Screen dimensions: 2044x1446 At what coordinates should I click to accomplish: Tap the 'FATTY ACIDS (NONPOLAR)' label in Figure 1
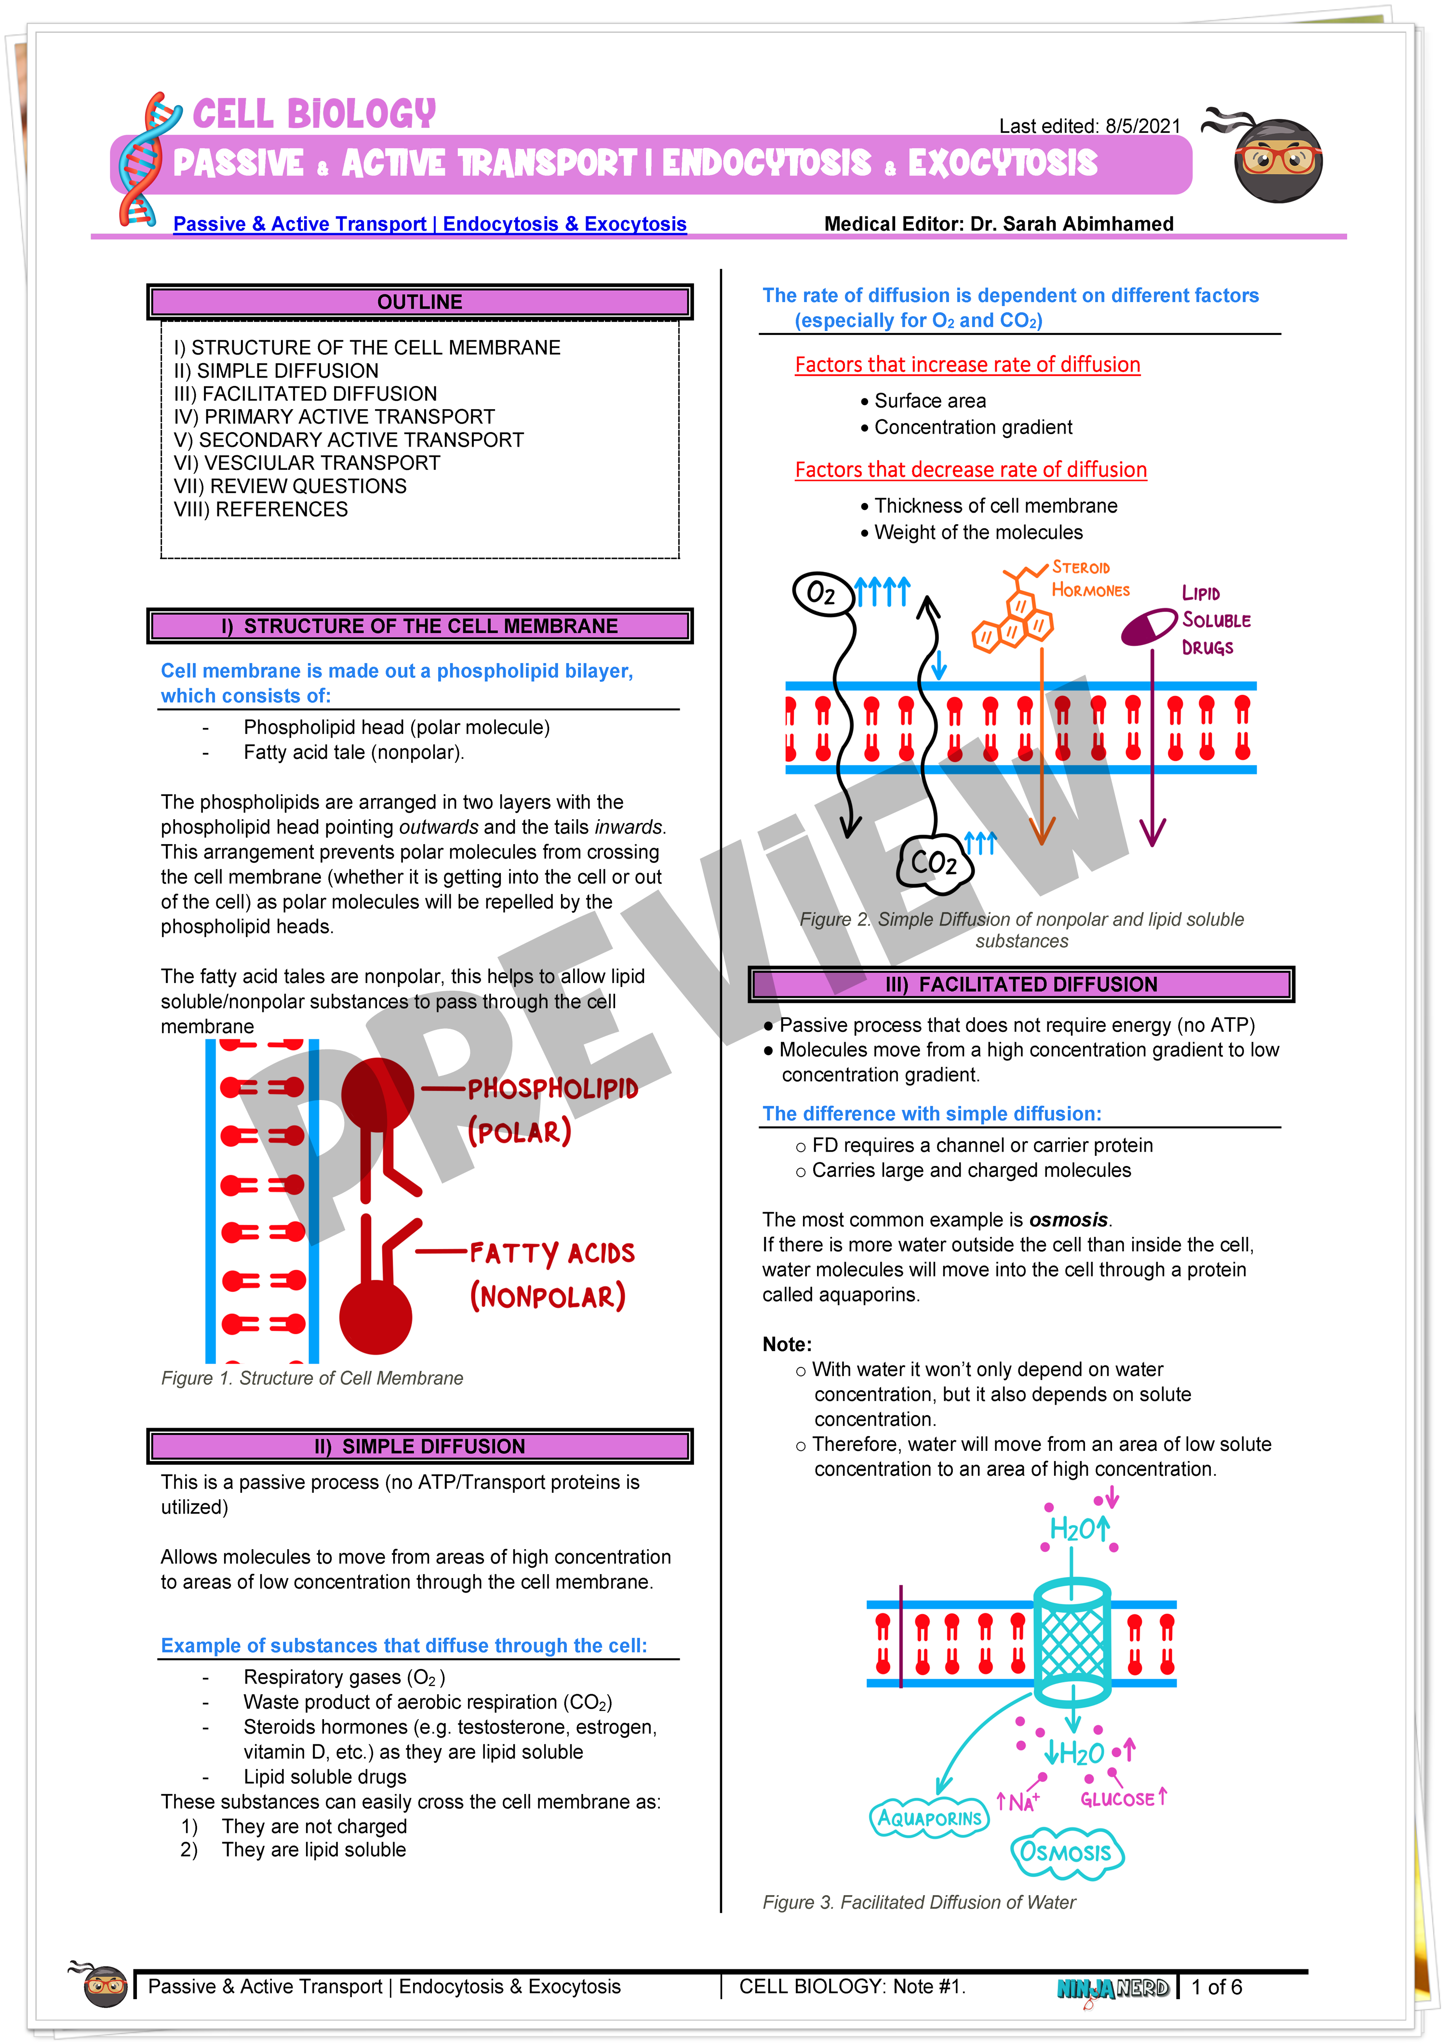tap(551, 1275)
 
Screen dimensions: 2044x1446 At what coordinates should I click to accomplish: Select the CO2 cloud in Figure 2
tap(933, 862)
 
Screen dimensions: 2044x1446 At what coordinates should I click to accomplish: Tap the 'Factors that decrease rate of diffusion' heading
tap(971, 470)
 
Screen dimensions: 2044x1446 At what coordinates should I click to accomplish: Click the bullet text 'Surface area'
tap(930, 400)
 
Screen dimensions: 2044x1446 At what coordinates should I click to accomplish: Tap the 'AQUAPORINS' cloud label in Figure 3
tap(929, 1818)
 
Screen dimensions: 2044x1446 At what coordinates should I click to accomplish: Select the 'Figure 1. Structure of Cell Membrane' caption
tap(312, 1378)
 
